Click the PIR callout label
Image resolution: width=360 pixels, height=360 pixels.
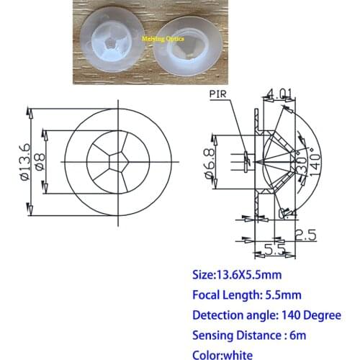(x=218, y=94)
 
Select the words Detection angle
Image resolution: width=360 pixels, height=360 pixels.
(x=232, y=315)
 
